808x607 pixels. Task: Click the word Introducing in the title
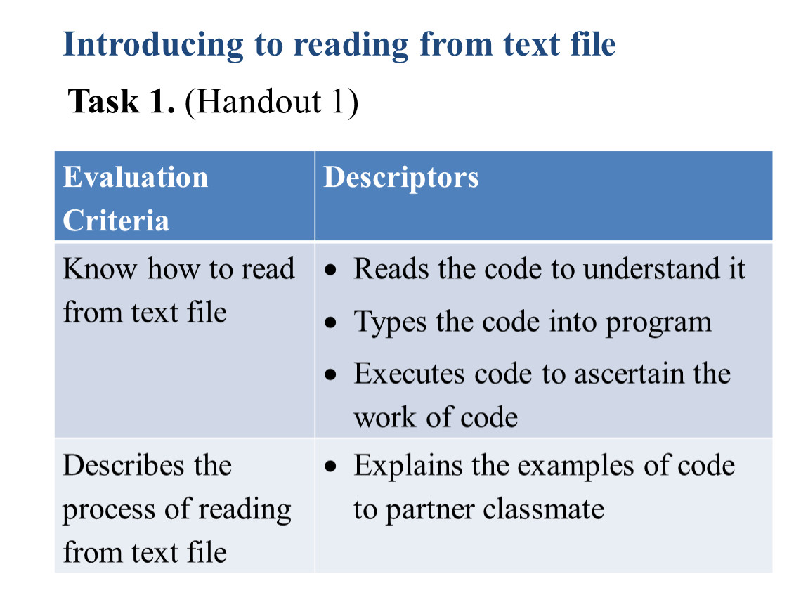[x=153, y=46]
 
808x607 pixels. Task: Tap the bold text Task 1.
[x=122, y=101]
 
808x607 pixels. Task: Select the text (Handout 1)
[x=271, y=102]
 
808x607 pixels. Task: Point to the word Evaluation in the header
[x=136, y=177]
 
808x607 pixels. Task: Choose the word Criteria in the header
[x=116, y=221]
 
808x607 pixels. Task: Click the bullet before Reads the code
[x=330, y=270]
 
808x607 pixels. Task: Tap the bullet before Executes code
[x=330, y=374]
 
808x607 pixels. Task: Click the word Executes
[x=409, y=374]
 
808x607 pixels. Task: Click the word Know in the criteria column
[x=100, y=269]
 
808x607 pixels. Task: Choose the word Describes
[x=124, y=466]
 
